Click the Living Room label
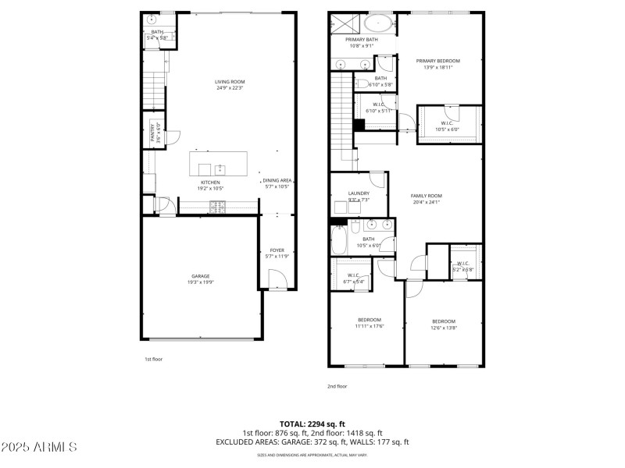click(x=230, y=82)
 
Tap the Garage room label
click(x=201, y=276)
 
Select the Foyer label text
click(x=277, y=250)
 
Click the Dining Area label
click(x=277, y=181)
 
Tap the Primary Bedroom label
click(x=437, y=61)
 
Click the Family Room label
click(x=427, y=196)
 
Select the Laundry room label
click(x=348, y=193)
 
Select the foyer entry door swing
click(x=275, y=279)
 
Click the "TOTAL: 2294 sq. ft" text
click(x=312, y=424)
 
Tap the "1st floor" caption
click(x=152, y=359)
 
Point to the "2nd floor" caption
click(x=337, y=386)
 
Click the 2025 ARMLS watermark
click(x=39, y=447)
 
